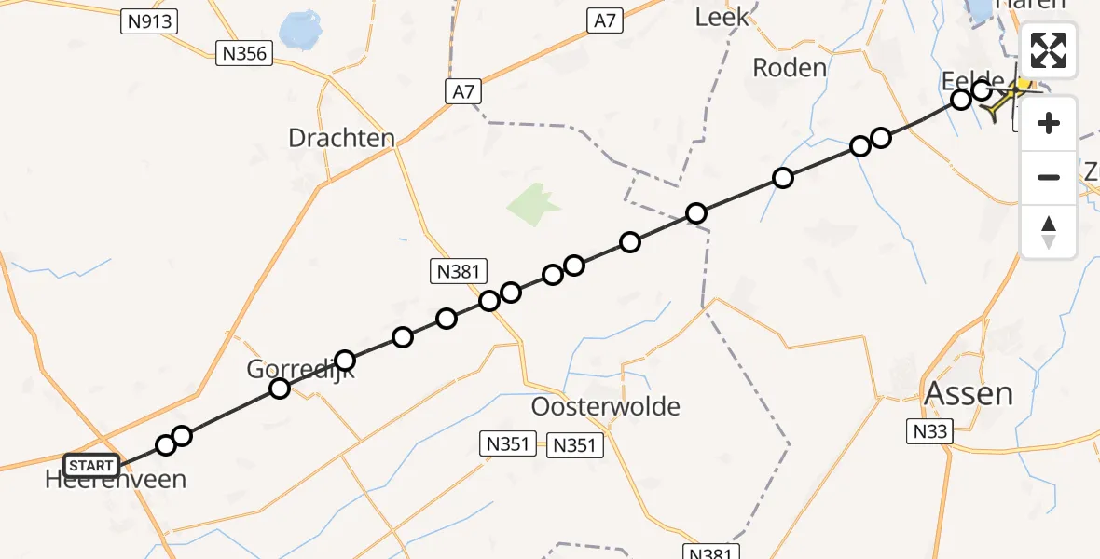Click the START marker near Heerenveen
pos(91,465)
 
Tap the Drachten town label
pos(341,138)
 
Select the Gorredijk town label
pos(300,369)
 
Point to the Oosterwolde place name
pos(606,406)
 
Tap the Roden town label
pos(790,67)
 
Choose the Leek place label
pos(722,17)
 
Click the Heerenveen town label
pos(116,480)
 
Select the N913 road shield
pos(149,21)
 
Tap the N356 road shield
pos(244,53)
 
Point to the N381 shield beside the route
pos(459,271)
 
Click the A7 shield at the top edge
pos(606,20)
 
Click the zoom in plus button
pos(1049,123)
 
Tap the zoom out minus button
pos(1049,177)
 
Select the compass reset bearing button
pos(1049,231)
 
